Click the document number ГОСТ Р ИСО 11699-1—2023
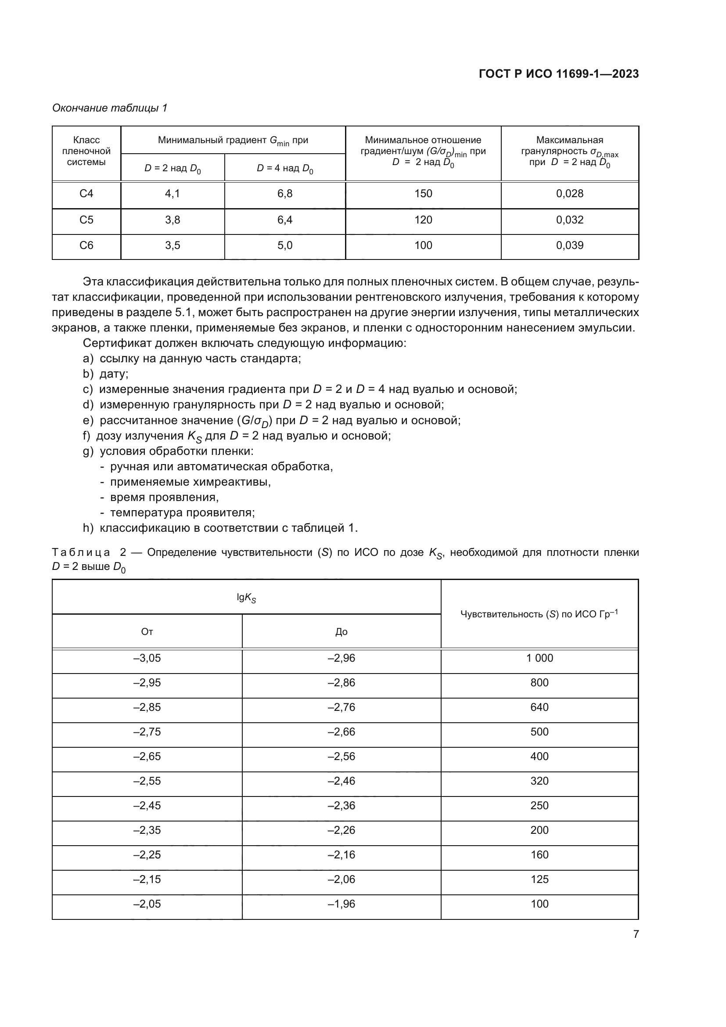[558, 74]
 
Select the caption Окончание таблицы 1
[110, 108]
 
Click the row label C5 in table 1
[86, 220]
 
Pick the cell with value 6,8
[285, 194]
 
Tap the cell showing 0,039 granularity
[570, 245]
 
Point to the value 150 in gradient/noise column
[423, 194]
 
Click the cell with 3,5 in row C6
[173, 245]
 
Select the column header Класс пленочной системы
[86, 151]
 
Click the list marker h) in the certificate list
[88, 528]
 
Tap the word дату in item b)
[113, 374]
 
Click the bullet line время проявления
[164, 497]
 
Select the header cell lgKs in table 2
[246, 598]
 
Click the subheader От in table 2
[147, 631]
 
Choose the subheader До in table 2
[341, 631]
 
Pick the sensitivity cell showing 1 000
[539, 658]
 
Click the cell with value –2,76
[341, 707]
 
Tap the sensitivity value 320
[539, 781]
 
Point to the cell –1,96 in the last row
[341, 904]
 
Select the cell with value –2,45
[147, 806]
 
